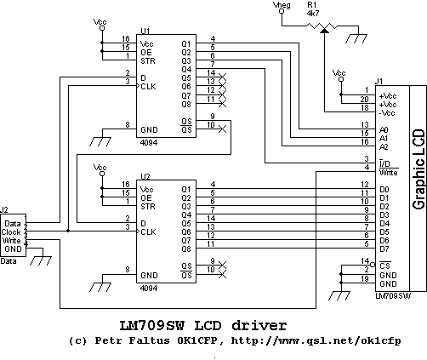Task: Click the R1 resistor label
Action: click(311, 5)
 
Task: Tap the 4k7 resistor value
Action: click(313, 14)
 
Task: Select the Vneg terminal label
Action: click(282, 5)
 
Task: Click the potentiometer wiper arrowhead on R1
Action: click(324, 30)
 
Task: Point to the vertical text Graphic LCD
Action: click(418, 169)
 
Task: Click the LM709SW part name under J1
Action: click(393, 296)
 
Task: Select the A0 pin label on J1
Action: click(384, 130)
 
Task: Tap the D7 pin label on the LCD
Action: click(384, 249)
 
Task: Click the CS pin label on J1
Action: click(384, 266)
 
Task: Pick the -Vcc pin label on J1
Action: click(387, 113)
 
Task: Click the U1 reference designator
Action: click(145, 31)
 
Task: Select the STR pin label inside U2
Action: click(148, 206)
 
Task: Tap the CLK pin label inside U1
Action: click(148, 86)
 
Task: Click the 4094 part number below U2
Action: click(149, 289)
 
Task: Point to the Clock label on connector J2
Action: click(11, 232)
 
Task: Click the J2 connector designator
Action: click(3, 210)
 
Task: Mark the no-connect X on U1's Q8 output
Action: click(223, 104)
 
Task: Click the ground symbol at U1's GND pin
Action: click(100, 141)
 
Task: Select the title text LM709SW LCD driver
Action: click(202, 325)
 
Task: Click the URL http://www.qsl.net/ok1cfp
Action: click(316, 340)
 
